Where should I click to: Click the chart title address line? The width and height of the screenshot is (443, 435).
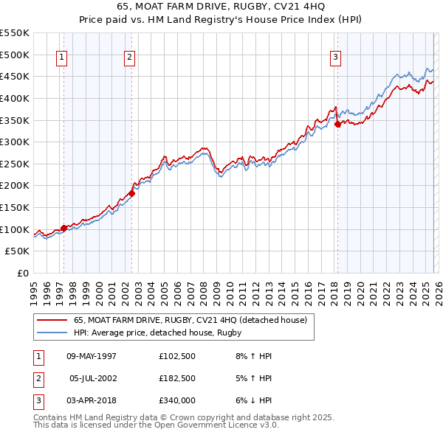[x=221, y=6]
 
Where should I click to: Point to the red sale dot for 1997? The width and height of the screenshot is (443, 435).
[x=63, y=228]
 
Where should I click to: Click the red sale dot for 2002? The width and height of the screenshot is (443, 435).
[x=131, y=193]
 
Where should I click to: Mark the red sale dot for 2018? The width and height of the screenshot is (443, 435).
[x=337, y=125]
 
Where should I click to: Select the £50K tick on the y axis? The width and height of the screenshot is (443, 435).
[x=18, y=251]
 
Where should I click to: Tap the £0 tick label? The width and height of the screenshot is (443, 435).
[x=23, y=274]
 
